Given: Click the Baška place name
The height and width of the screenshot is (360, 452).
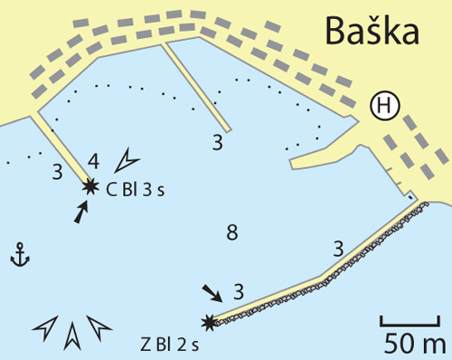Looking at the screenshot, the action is coord(372,31).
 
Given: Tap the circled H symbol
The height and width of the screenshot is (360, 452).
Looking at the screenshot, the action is coord(385,107).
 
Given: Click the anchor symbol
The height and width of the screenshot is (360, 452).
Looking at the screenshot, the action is coord(20,255).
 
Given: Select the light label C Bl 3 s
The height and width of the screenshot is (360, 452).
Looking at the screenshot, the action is coord(136,190).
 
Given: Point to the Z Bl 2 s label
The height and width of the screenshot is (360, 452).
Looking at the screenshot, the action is coord(170,346).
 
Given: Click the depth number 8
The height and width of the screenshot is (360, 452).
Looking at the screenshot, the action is coord(232,232).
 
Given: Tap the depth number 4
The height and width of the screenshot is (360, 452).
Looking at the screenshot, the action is coord(93,161).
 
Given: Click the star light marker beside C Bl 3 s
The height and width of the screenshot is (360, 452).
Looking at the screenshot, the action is coord(90,187).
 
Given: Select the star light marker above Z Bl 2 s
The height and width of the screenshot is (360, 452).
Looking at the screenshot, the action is coord(209,323).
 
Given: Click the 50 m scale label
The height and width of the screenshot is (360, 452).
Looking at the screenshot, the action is coord(415,344).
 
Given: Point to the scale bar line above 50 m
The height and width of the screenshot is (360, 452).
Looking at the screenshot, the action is coord(410,325).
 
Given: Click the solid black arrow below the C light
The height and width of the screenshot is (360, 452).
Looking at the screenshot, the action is coord(80,213).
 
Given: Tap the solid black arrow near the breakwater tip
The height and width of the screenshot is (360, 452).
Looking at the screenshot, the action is coord(212,293).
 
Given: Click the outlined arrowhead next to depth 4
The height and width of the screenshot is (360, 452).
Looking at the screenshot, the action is coord(126,161).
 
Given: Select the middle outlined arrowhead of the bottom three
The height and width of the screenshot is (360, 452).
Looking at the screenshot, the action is coord(72,336).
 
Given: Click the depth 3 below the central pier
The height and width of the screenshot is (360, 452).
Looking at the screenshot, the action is coord(218,143).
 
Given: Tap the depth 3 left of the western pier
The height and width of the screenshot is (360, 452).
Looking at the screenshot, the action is coord(57,172).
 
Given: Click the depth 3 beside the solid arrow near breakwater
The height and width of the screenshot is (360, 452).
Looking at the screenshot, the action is coord(239,291).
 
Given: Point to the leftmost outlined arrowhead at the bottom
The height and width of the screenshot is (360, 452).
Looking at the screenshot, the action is coord(45,328).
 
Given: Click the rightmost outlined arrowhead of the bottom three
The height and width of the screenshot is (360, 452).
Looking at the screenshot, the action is coord(99,327).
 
